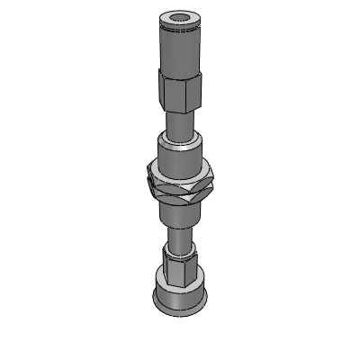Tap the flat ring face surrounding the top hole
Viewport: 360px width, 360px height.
click(x=166, y=19)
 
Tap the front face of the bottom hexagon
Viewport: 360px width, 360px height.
click(x=180, y=269)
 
